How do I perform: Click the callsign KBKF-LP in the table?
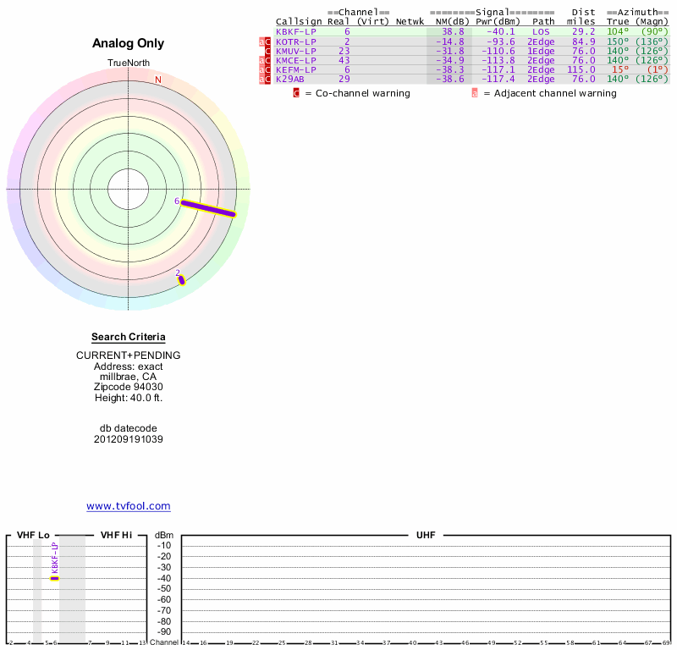(296, 31)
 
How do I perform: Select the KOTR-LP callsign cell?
(296, 41)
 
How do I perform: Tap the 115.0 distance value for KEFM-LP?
(581, 69)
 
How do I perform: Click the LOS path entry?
(541, 31)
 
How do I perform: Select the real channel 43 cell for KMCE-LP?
(344, 60)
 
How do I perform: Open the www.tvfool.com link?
(129, 506)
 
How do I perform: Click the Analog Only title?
(129, 43)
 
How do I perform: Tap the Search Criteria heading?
(129, 337)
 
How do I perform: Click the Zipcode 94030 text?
(129, 387)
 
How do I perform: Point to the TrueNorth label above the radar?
(129, 63)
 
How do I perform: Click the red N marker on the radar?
(157, 80)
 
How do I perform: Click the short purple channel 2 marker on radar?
(181, 278)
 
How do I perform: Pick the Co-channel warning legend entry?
(355, 93)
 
